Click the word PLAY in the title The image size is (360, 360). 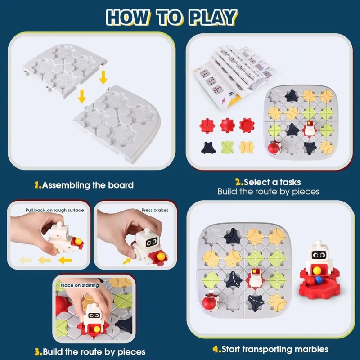click(214, 17)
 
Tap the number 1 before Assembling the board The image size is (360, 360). click(37, 185)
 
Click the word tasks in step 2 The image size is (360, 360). click(290, 182)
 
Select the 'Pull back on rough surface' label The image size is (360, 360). click(54, 210)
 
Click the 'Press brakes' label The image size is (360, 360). click(155, 210)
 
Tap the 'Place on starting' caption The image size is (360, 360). click(80, 285)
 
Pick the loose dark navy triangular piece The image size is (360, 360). click(208, 148)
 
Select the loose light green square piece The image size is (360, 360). click(227, 148)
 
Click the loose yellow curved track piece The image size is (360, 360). click(247, 147)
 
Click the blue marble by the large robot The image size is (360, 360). click(318, 279)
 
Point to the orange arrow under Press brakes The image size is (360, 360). click(127, 261)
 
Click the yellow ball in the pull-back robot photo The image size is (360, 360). click(78, 241)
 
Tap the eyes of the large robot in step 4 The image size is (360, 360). click(319, 255)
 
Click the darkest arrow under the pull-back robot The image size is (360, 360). click(65, 261)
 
